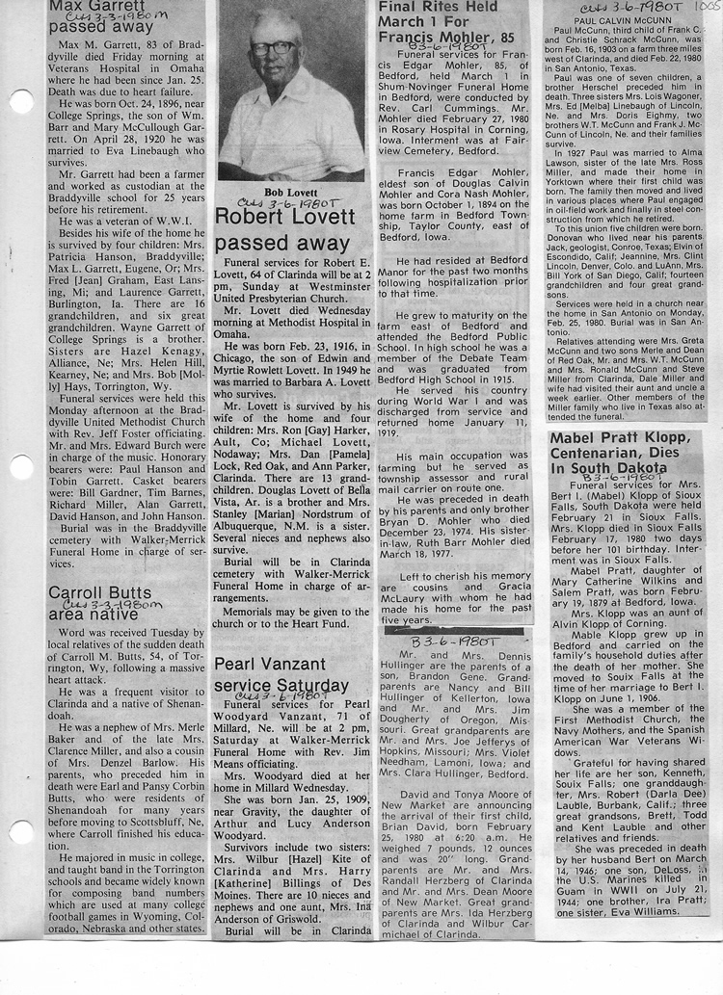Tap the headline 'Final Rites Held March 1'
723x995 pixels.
(439, 23)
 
